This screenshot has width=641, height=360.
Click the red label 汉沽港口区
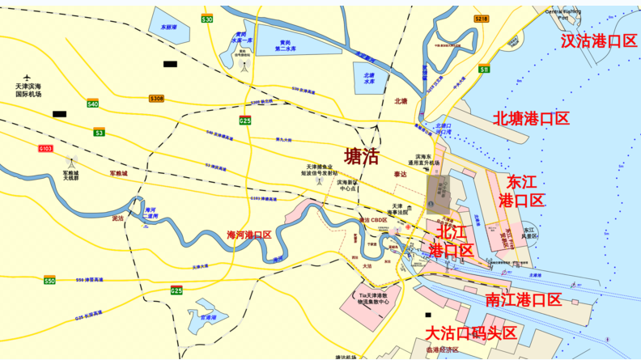[x=599, y=40]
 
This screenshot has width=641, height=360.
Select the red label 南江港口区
[x=523, y=300]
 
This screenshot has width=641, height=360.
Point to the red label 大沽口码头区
[x=471, y=333]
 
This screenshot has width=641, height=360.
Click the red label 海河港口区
[x=249, y=235]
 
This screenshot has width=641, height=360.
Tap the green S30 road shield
[x=207, y=19]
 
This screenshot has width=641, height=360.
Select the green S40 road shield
[x=93, y=104]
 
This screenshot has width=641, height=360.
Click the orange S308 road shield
[x=156, y=99]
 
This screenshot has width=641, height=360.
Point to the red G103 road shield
[x=45, y=149]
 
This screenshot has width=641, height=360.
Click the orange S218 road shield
[x=482, y=19]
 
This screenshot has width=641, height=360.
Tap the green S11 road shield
[x=484, y=70]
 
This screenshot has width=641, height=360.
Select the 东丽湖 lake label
[x=168, y=27]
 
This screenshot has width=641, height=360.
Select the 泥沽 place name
[x=118, y=218]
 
